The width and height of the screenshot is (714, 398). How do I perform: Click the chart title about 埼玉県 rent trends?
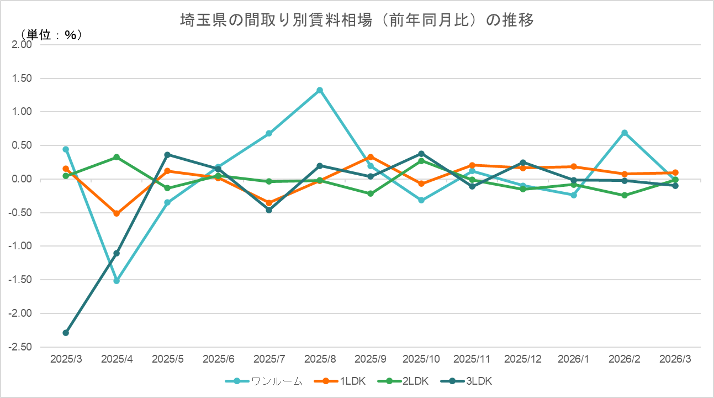coord(357,20)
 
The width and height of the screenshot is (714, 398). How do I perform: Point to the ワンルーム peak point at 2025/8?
coord(320,90)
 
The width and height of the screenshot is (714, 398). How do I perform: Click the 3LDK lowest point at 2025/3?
coord(66,333)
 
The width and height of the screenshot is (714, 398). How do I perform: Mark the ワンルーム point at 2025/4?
coord(117,281)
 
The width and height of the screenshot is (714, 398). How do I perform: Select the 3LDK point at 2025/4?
coord(117,253)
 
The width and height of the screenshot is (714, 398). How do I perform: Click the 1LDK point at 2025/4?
coord(117,213)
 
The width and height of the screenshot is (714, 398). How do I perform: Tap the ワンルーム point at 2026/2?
coord(625,133)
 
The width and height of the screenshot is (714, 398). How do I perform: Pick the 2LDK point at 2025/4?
coord(117,157)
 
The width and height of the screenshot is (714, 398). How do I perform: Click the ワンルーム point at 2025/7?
coord(269,133)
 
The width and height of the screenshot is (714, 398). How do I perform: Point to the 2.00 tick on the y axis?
coord(22,45)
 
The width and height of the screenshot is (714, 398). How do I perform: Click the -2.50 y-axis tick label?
coord(21,347)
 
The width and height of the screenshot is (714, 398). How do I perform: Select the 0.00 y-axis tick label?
coord(23,179)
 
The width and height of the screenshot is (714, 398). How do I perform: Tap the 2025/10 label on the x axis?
coord(421,359)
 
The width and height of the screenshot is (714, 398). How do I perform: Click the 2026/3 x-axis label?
coord(675,359)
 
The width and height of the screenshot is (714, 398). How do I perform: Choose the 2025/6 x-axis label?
coord(218,359)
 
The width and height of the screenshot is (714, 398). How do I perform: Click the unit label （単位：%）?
coord(51,34)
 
